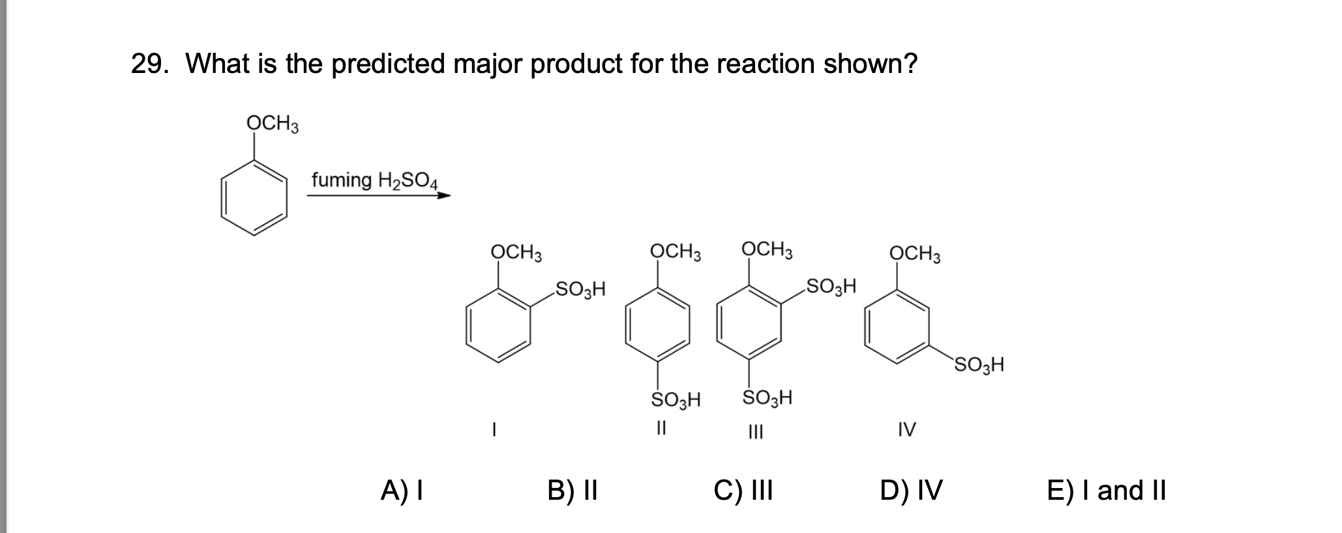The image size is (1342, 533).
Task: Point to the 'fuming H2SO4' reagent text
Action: [x=376, y=180]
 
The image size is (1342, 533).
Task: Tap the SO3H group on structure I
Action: [x=580, y=288]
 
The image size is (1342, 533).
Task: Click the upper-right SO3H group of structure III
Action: [x=831, y=286]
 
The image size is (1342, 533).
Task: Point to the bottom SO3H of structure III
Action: [x=768, y=397]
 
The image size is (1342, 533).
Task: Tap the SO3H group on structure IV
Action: [x=979, y=364]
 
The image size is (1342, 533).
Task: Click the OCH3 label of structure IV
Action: [x=915, y=253]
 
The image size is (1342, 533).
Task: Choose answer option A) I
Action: [x=402, y=490]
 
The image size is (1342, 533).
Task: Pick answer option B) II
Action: [x=573, y=490]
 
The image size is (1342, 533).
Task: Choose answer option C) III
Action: [x=743, y=490]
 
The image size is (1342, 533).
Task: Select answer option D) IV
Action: [x=911, y=490]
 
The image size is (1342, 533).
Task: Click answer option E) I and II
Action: [x=1107, y=490]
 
